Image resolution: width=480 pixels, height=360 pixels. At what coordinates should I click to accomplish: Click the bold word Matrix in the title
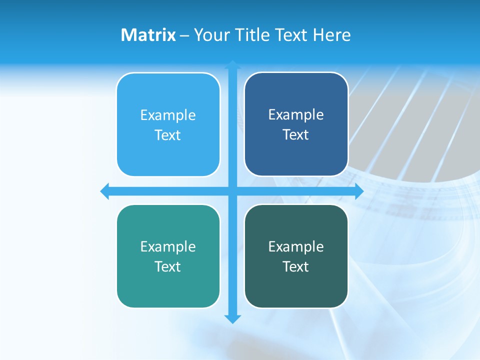(148, 35)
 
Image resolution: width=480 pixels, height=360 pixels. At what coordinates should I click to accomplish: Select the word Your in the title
(212, 35)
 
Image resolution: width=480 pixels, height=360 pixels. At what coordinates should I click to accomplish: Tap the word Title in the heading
(252, 35)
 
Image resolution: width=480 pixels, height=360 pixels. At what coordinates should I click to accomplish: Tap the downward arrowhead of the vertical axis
(232, 318)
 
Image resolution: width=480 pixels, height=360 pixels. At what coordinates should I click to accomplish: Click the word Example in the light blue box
(168, 115)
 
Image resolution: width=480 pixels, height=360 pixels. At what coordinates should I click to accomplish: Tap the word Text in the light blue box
(168, 135)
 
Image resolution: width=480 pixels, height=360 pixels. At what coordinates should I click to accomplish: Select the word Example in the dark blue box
(296, 115)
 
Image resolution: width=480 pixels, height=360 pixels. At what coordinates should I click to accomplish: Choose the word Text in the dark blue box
(296, 135)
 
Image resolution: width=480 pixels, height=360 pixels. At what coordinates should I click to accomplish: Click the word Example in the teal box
(168, 247)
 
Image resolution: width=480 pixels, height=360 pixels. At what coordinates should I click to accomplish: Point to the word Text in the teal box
(168, 267)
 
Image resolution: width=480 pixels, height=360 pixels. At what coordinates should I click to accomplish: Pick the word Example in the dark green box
(296, 247)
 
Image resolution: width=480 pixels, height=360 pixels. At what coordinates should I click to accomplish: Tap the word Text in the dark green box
(296, 267)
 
